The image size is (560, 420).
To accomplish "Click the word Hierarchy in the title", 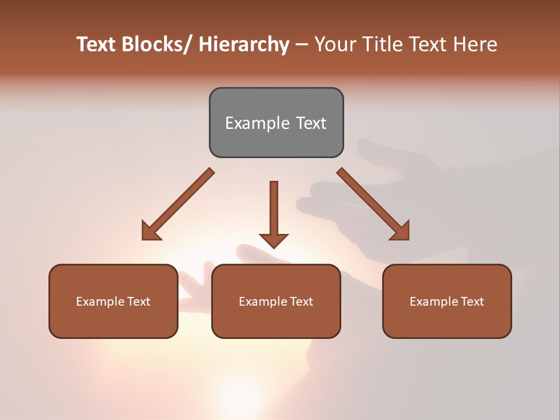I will [244, 44].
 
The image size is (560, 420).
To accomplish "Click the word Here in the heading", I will [475, 44].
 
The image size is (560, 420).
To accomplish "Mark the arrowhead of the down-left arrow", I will [150, 231].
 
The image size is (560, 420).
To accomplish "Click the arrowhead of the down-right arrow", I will [400, 231].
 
